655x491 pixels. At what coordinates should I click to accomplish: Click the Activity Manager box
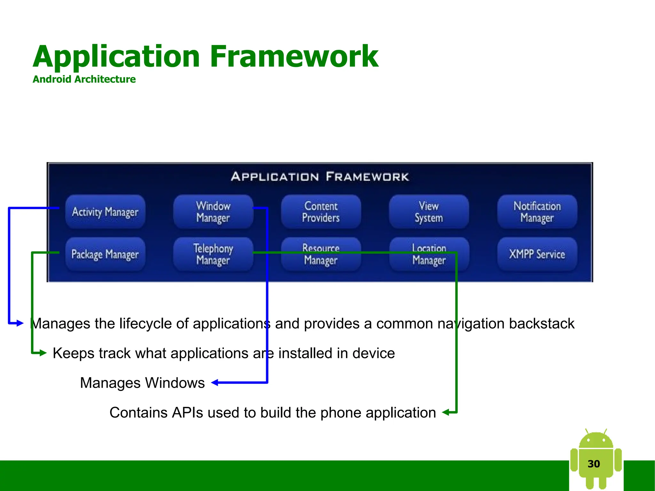(105, 212)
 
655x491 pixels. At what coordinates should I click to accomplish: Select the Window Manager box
(213, 212)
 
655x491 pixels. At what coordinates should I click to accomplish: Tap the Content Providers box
(321, 212)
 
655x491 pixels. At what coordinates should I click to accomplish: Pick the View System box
(429, 212)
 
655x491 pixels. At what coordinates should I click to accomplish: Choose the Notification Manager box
(537, 212)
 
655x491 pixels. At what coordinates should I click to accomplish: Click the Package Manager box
(105, 254)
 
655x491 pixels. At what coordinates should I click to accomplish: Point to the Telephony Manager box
(213, 254)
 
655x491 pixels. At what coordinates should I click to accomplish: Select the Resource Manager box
(321, 254)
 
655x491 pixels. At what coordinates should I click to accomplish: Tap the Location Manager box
(429, 254)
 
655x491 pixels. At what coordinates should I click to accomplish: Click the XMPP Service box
(537, 254)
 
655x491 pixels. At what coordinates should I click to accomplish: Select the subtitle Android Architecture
(84, 79)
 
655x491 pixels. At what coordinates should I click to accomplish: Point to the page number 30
(594, 464)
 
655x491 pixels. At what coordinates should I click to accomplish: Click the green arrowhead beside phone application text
(446, 412)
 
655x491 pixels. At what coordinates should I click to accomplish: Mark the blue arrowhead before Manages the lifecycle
(20, 323)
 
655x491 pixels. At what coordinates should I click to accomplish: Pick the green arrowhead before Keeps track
(43, 353)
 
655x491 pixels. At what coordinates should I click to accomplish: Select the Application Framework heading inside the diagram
(320, 177)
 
